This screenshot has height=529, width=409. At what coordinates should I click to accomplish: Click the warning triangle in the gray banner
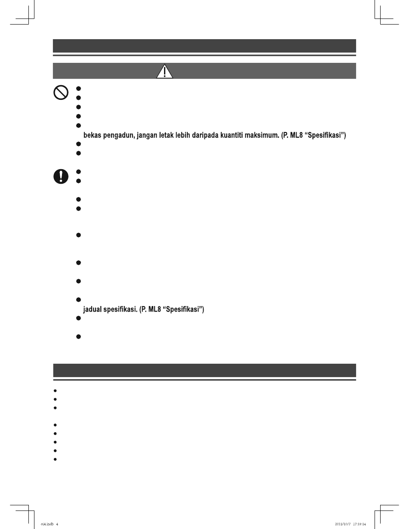pos(164,71)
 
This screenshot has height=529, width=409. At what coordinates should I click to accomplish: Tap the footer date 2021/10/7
pos(343,524)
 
